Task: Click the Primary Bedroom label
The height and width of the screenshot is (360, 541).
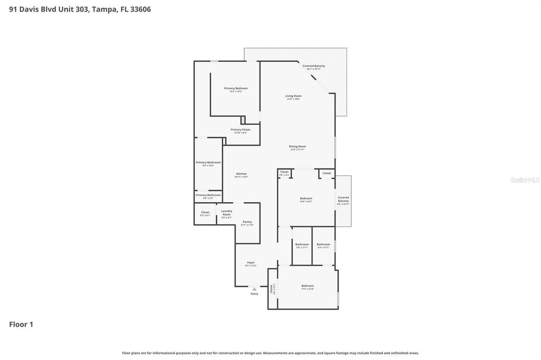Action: point(236,88)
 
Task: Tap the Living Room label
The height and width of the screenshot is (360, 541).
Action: point(293,96)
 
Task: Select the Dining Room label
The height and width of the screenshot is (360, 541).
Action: point(297,146)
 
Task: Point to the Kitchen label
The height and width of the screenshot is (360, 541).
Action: point(241,174)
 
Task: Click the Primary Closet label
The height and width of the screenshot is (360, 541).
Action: point(240,129)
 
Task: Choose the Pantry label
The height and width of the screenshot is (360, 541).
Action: point(247,222)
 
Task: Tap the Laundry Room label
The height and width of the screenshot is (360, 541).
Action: point(227,212)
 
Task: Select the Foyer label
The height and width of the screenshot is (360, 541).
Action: point(251,262)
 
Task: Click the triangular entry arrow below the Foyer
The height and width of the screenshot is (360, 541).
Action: point(254,289)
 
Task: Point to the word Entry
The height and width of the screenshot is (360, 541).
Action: point(255,294)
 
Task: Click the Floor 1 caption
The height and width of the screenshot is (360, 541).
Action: point(21,325)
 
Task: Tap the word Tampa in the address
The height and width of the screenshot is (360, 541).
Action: point(104,9)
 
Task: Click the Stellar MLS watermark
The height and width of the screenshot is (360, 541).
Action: point(525,180)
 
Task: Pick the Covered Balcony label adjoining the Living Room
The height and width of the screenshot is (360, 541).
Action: point(314,66)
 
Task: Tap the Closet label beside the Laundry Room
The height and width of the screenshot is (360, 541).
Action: point(205,212)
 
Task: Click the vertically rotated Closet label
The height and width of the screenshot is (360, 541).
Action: point(272,289)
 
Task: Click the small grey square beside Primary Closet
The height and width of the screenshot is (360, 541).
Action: point(244,120)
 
